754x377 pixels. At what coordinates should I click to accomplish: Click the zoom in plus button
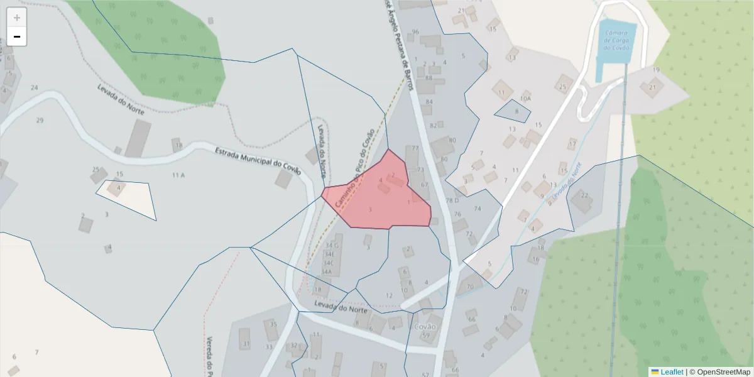[x=17, y=18]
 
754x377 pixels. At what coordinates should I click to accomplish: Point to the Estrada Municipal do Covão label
[x=258, y=161]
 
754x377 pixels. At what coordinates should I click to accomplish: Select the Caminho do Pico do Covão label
[x=355, y=168]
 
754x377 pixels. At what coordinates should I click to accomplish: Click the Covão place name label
[x=425, y=327]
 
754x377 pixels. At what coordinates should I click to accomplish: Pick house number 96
[x=415, y=32]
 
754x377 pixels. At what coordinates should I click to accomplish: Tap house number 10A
[x=526, y=99]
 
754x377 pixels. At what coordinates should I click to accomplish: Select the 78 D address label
[x=452, y=200]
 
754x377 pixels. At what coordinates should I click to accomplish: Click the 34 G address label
[x=332, y=246]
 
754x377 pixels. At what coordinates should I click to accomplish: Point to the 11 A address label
[x=178, y=175]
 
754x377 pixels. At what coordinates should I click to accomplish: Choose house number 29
[x=40, y=120]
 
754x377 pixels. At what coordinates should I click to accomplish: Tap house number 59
[x=425, y=336]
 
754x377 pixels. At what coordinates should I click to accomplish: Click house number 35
[x=273, y=324]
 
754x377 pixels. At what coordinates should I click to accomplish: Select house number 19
[x=656, y=69]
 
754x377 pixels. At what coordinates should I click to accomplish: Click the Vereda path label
[x=209, y=355]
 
